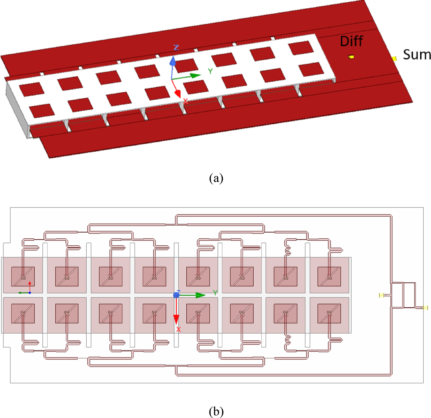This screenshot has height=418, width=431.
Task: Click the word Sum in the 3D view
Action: (x=417, y=55)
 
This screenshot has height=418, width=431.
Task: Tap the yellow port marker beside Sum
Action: (x=394, y=59)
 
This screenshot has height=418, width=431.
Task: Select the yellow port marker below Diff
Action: (x=351, y=57)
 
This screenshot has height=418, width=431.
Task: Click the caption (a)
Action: (x=216, y=178)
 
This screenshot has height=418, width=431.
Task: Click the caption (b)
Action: (x=216, y=411)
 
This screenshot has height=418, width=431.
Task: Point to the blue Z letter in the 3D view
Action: (x=176, y=47)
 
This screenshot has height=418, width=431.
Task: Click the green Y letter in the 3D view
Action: (x=210, y=71)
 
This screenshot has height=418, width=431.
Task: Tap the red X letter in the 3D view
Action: (x=185, y=101)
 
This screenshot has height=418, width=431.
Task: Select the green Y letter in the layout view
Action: (x=215, y=293)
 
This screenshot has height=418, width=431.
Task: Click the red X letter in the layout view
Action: (x=178, y=329)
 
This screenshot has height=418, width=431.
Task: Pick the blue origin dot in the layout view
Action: (x=176, y=295)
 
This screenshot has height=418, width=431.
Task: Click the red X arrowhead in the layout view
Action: (x=176, y=319)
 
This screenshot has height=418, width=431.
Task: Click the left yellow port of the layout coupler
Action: (x=381, y=295)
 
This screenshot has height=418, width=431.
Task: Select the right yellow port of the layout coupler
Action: (x=425, y=308)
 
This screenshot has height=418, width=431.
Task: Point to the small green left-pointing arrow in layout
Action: (x=20, y=293)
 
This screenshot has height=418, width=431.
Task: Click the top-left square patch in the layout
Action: (x=23, y=276)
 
